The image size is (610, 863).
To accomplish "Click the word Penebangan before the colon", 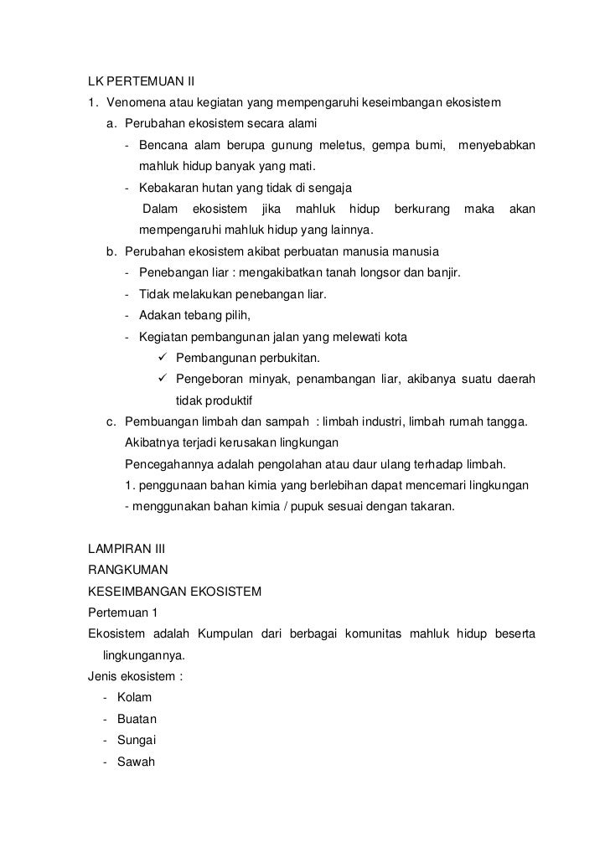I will [173, 273].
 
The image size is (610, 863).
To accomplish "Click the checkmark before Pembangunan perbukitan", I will [163, 359].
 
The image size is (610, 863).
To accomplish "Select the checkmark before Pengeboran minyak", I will [163, 380].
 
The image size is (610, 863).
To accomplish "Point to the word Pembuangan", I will [158, 421].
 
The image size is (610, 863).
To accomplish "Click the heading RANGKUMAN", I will [122, 571].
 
